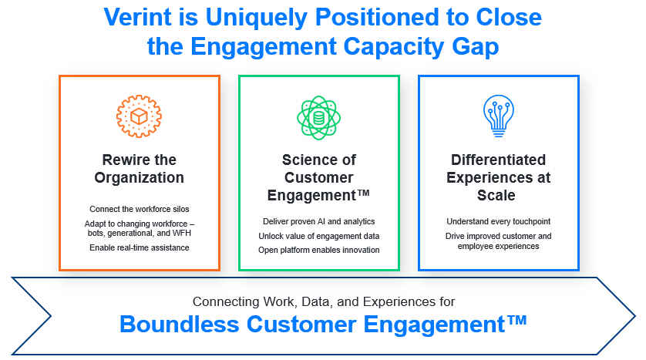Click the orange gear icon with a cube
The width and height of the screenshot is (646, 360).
point(139,116)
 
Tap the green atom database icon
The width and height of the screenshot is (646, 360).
point(319,117)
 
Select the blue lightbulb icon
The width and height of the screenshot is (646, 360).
point(499,116)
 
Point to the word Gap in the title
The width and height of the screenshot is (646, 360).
point(476,47)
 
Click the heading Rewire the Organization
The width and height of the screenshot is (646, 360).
point(140,169)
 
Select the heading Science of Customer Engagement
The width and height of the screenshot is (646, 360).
point(319,177)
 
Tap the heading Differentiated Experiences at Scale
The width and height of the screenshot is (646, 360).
point(499,177)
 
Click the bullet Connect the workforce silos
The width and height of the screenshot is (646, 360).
point(140,209)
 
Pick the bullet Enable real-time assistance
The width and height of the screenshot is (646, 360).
point(140,247)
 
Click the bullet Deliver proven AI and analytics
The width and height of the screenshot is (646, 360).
point(319,221)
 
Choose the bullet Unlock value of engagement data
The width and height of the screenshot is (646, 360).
point(319,236)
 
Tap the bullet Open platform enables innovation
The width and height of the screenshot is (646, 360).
point(319,250)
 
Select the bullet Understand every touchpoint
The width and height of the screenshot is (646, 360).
point(499,221)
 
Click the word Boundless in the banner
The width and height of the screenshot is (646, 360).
point(179,325)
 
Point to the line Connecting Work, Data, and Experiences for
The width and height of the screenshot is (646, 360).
point(324,301)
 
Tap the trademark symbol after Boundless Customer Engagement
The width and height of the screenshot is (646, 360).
point(517,320)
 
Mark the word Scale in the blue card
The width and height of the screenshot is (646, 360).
point(496,195)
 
